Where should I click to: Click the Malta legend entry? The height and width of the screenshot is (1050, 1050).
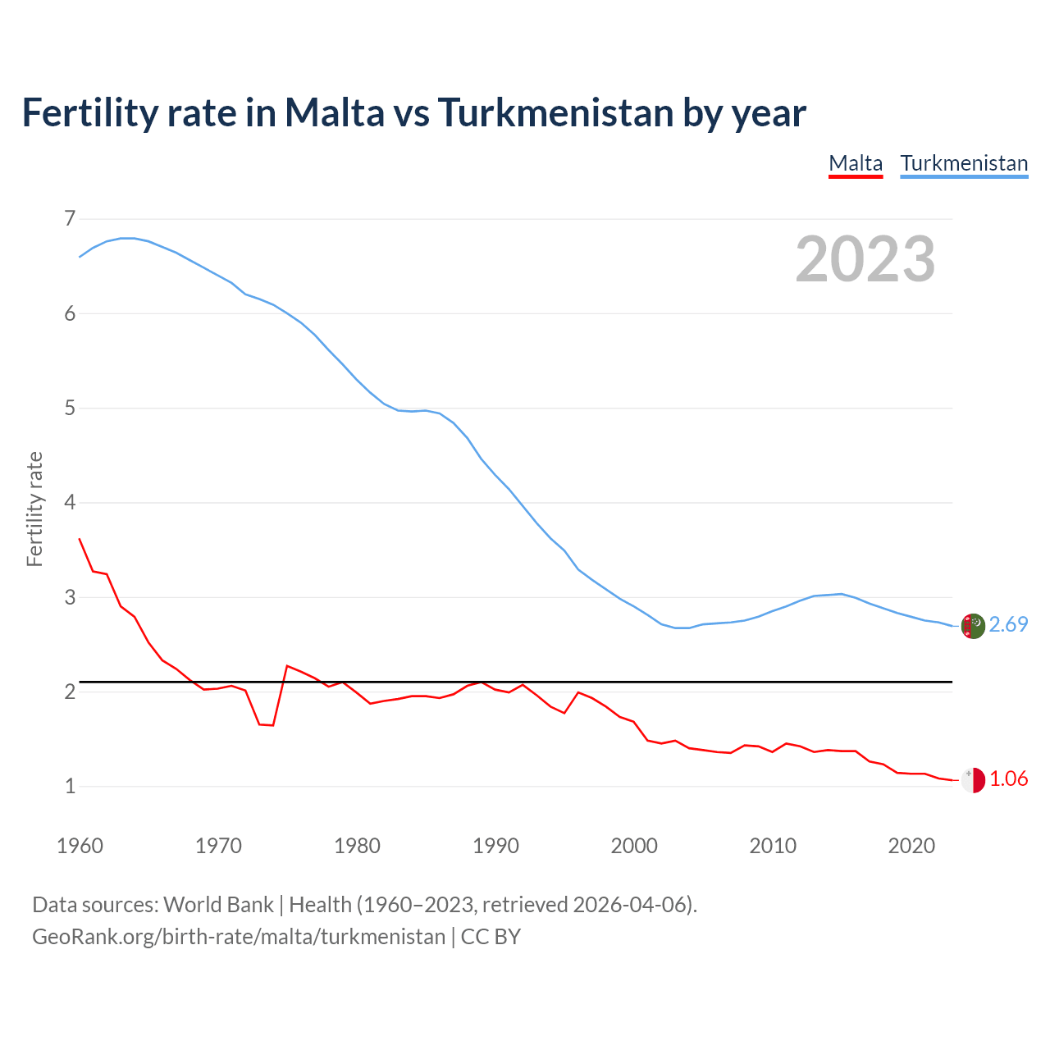856,163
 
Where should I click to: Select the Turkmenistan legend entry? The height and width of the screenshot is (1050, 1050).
964,163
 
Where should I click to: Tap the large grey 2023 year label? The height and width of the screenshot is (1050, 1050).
865,259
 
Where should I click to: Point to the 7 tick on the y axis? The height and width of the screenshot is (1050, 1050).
70,219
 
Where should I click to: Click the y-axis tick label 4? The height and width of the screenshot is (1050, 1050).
70,503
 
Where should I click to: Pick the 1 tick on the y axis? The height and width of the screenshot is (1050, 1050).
70,787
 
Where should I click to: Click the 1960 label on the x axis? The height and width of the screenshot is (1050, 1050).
80,846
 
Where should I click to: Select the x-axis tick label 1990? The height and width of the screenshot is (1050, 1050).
495,846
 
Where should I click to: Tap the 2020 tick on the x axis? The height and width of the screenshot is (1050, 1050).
911,846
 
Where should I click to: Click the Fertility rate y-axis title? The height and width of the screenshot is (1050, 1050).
34,509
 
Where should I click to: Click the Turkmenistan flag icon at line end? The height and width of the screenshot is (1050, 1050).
973,626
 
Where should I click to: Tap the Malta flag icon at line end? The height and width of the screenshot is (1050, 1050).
973,780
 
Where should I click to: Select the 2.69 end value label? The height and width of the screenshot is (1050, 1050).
1008,625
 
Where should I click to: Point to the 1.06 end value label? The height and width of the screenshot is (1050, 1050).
1008,779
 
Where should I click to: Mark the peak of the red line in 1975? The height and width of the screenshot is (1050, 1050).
287,665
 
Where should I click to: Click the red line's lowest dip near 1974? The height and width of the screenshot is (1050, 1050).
273,725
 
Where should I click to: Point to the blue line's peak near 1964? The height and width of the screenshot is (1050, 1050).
128,238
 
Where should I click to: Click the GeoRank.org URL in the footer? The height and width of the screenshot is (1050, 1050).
239,937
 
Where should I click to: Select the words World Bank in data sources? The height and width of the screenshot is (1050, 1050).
218,905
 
